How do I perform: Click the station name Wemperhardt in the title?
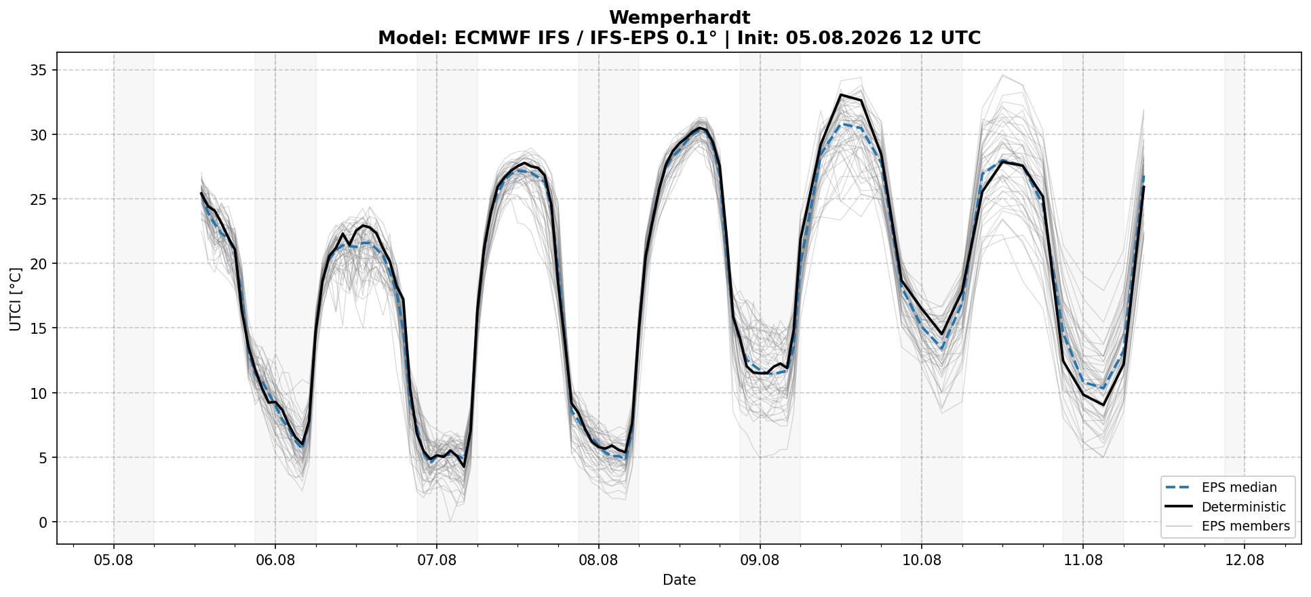click(x=679, y=18)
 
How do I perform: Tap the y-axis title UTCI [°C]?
click(x=16, y=299)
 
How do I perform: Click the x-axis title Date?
click(x=679, y=580)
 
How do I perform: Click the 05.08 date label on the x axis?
click(x=114, y=560)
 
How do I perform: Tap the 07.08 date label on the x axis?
click(x=437, y=560)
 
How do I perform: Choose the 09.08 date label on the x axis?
click(x=760, y=560)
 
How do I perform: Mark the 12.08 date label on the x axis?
click(x=1245, y=560)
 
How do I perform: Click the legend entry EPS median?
click(x=1238, y=488)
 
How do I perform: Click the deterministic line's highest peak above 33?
click(x=841, y=94)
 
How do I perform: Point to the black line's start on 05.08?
click(x=201, y=193)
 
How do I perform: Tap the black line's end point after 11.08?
click(x=1143, y=187)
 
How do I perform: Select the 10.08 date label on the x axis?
click(x=921, y=560)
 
